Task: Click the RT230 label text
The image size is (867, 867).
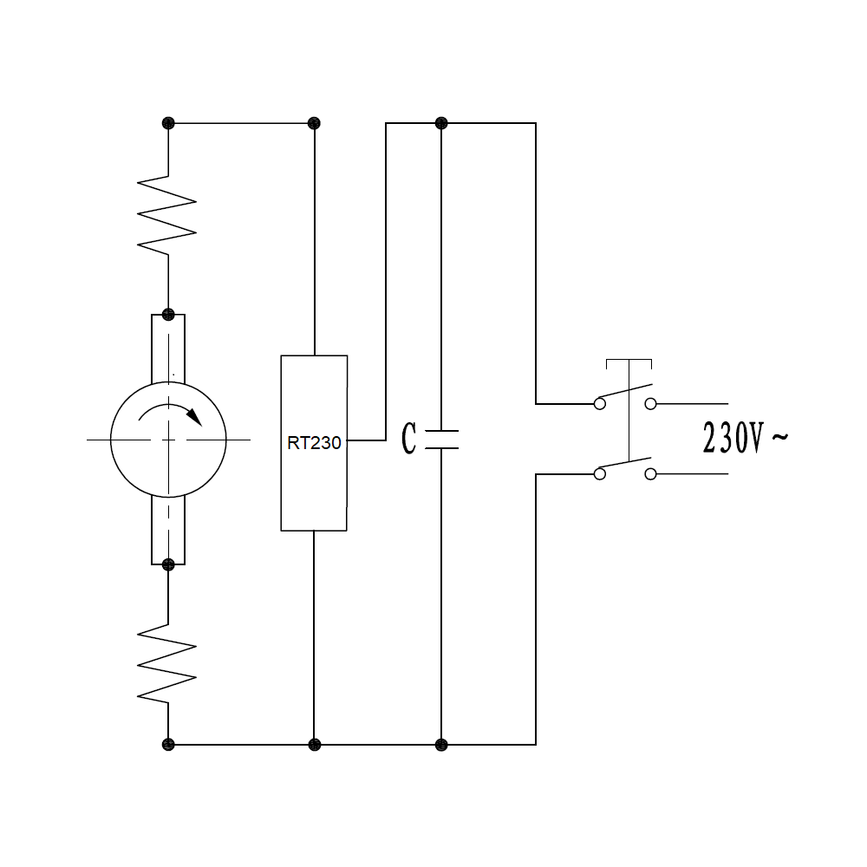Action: pyautogui.click(x=314, y=442)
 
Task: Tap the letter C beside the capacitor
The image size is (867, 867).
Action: pyautogui.click(x=409, y=440)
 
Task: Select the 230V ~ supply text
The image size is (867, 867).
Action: pyautogui.click(x=745, y=440)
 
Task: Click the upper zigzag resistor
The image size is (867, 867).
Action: pyautogui.click(x=167, y=216)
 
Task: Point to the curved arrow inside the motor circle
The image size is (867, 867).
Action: pyautogui.click(x=172, y=413)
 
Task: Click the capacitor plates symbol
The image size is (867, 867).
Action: pyautogui.click(x=441, y=440)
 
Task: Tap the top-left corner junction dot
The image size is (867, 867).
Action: pyautogui.click(x=168, y=123)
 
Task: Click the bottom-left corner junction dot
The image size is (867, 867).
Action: pyautogui.click(x=168, y=744)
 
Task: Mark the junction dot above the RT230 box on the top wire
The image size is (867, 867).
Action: pyautogui.click(x=314, y=123)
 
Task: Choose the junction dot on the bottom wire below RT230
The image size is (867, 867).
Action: pyautogui.click(x=314, y=744)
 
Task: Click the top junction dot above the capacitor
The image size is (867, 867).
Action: pyautogui.click(x=440, y=123)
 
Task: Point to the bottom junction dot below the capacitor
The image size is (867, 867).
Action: pyautogui.click(x=440, y=744)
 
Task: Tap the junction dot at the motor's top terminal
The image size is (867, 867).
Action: pyautogui.click(x=168, y=314)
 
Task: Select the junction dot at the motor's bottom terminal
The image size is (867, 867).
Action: pyautogui.click(x=168, y=564)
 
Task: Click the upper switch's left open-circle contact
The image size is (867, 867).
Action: pyautogui.click(x=599, y=403)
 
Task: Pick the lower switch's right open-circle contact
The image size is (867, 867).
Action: pyautogui.click(x=651, y=474)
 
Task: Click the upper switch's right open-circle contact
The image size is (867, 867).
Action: pyautogui.click(x=651, y=403)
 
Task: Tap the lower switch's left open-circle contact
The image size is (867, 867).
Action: pyautogui.click(x=599, y=474)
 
